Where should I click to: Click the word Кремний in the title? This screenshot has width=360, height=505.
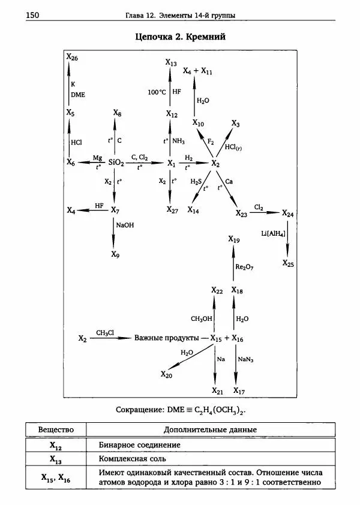point(206,37)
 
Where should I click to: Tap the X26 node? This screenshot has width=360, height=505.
point(72,57)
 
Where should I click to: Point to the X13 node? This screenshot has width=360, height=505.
point(172,63)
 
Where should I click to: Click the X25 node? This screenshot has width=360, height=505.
point(289,263)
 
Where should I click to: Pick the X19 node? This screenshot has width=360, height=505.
point(234,240)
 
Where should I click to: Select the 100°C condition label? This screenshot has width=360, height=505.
point(157,92)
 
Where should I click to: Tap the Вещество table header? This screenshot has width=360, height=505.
point(56,430)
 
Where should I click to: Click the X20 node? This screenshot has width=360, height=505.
point(166,374)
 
